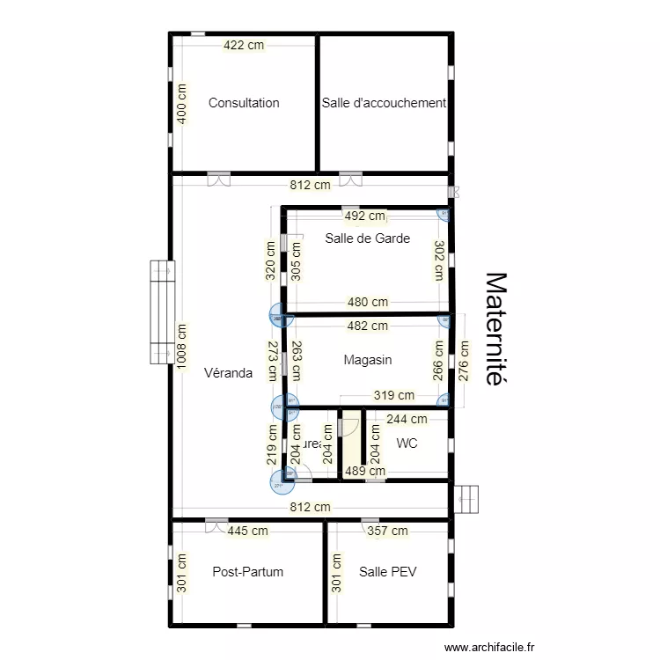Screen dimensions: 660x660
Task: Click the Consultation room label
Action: pyautogui.click(x=244, y=103)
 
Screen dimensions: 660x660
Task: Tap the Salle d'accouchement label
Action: pyautogui.click(x=384, y=103)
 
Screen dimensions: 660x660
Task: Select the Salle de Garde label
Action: pyautogui.click(x=367, y=238)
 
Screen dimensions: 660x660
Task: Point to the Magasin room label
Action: pyautogui.click(x=368, y=360)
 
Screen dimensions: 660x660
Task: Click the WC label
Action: pyautogui.click(x=407, y=444)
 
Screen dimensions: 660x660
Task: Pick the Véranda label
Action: pyautogui.click(x=228, y=373)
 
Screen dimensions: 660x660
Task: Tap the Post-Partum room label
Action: pyautogui.click(x=248, y=572)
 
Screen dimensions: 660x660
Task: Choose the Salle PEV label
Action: pyautogui.click(x=387, y=572)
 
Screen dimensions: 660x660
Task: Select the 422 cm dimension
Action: pyautogui.click(x=244, y=46)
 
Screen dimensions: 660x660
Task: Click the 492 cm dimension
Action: pyautogui.click(x=364, y=216)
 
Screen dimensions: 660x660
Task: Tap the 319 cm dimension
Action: pyautogui.click(x=394, y=396)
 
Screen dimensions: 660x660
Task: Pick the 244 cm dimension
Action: pyautogui.click(x=407, y=420)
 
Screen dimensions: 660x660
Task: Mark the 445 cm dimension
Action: pyautogui.click(x=248, y=531)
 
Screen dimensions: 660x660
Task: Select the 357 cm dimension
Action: pyautogui.click(x=387, y=531)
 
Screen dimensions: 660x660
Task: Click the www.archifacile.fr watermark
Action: pyautogui.click(x=490, y=647)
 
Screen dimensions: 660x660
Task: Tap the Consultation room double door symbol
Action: pyautogui.click(x=219, y=179)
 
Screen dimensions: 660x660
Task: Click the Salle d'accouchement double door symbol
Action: pyautogui.click(x=350, y=179)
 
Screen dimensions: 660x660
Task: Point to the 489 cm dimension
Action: pyautogui.click(x=364, y=471)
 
